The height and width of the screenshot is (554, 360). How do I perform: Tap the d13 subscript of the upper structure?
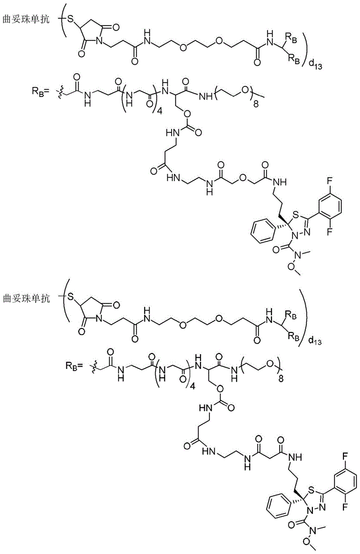(x=315, y=65)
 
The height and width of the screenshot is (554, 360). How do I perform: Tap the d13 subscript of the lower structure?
(x=315, y=341)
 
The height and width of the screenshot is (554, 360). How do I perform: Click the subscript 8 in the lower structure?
(x=281, y=379)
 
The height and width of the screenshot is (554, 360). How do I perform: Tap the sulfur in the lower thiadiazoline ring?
(x=312, y=489)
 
